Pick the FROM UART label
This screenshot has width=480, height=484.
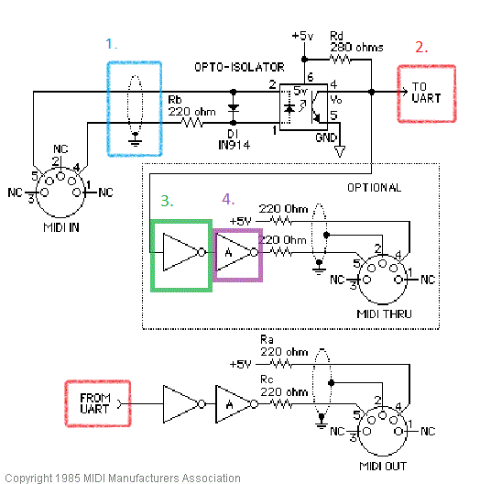(x=95, y=403)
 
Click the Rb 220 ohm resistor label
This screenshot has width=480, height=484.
(x=191, y=105)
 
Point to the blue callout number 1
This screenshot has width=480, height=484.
(x=112, y=44)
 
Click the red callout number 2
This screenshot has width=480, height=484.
(x=421, y=48)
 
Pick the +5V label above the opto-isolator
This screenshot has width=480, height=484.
(x=303, y=36)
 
